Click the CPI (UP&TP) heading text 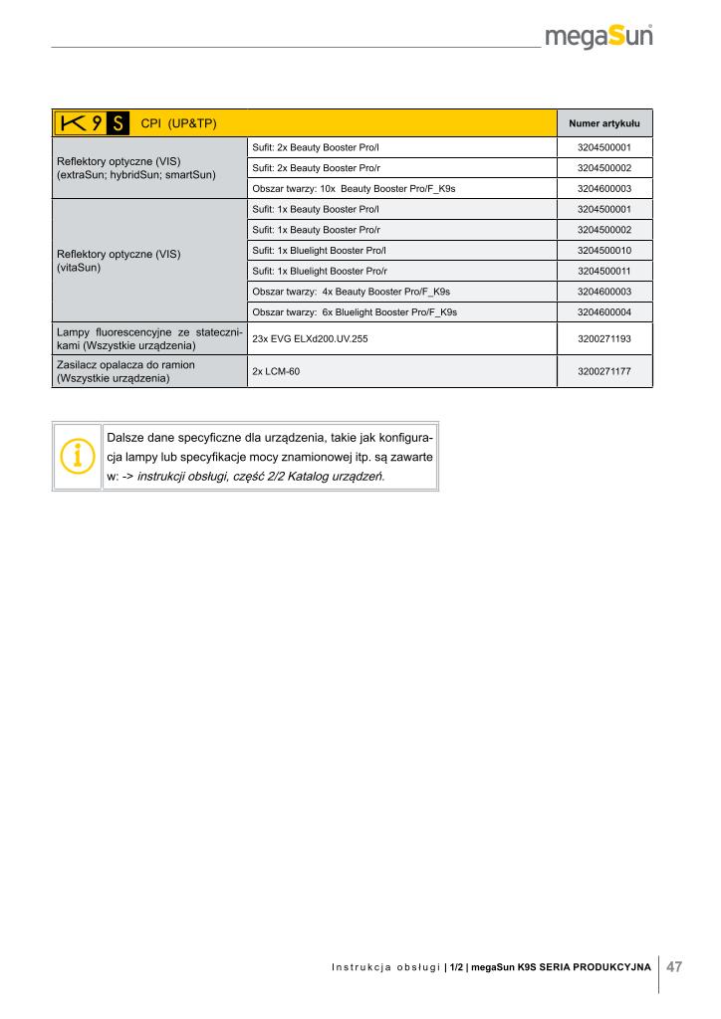(x=179, y=123)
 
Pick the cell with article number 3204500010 (x=603, y=250)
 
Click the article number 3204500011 (x=603, y=271)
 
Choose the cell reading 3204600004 (x=603, y=312)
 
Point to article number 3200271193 (x=603, y=339)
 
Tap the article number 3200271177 (x=603, y=371)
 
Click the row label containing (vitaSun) (x=149, y=261)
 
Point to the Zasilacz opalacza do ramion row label (x=149, y=371)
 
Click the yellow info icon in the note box (x=78, y=455)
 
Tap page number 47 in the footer (x=674, y=966)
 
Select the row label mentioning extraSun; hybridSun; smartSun (x=149, y=167)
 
